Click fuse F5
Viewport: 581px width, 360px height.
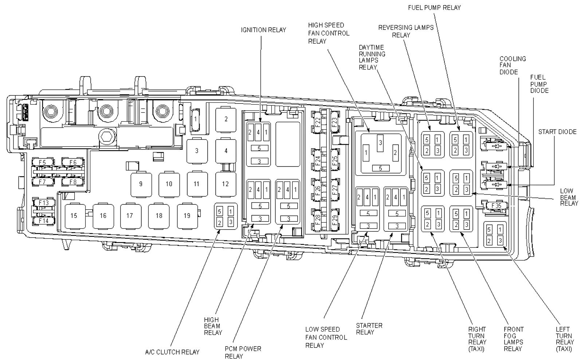click(43, 163)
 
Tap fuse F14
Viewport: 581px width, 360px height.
click(44, 221)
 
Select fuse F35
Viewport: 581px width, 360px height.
click(496, 206)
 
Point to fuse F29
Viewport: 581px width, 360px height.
click(335, 220)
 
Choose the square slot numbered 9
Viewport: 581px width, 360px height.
click(141, 184)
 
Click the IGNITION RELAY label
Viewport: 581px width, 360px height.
click(263, 30)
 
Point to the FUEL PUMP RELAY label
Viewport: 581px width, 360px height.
click(435, 8)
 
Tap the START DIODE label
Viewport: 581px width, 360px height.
click(557, 132)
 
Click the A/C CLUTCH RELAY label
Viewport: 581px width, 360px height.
click(172, 352)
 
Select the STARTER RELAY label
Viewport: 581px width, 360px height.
click(369, 329)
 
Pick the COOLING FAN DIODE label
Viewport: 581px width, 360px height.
click(513, 65)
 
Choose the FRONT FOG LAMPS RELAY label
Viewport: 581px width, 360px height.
click(514, 339)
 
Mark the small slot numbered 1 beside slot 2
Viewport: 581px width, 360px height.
click(195, 119)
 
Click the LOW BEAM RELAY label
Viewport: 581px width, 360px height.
click(569, 197)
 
